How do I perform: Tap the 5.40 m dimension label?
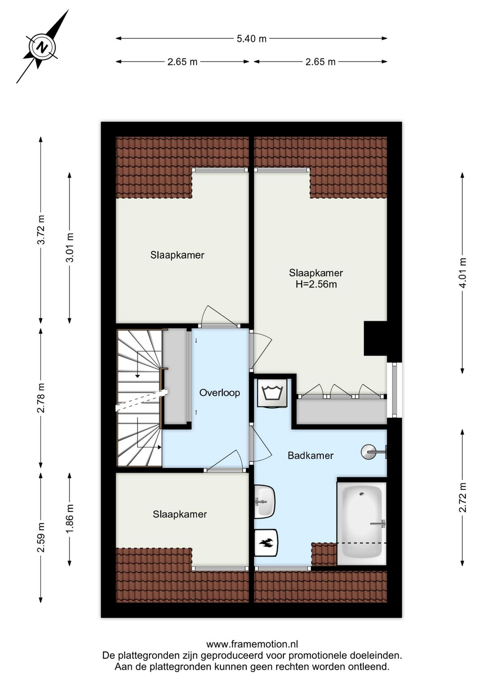point(252,39)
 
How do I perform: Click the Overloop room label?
point(220,392)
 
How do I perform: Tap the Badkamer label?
point(311,455)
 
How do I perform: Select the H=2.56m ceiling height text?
point(316,284)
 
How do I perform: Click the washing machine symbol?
point(273,392)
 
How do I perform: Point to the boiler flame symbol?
point(266,543)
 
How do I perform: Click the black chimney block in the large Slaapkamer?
point(375,338)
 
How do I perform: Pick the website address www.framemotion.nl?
point(252,644)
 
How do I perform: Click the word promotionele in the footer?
point(306,655)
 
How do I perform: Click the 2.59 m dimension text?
point(41,537)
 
